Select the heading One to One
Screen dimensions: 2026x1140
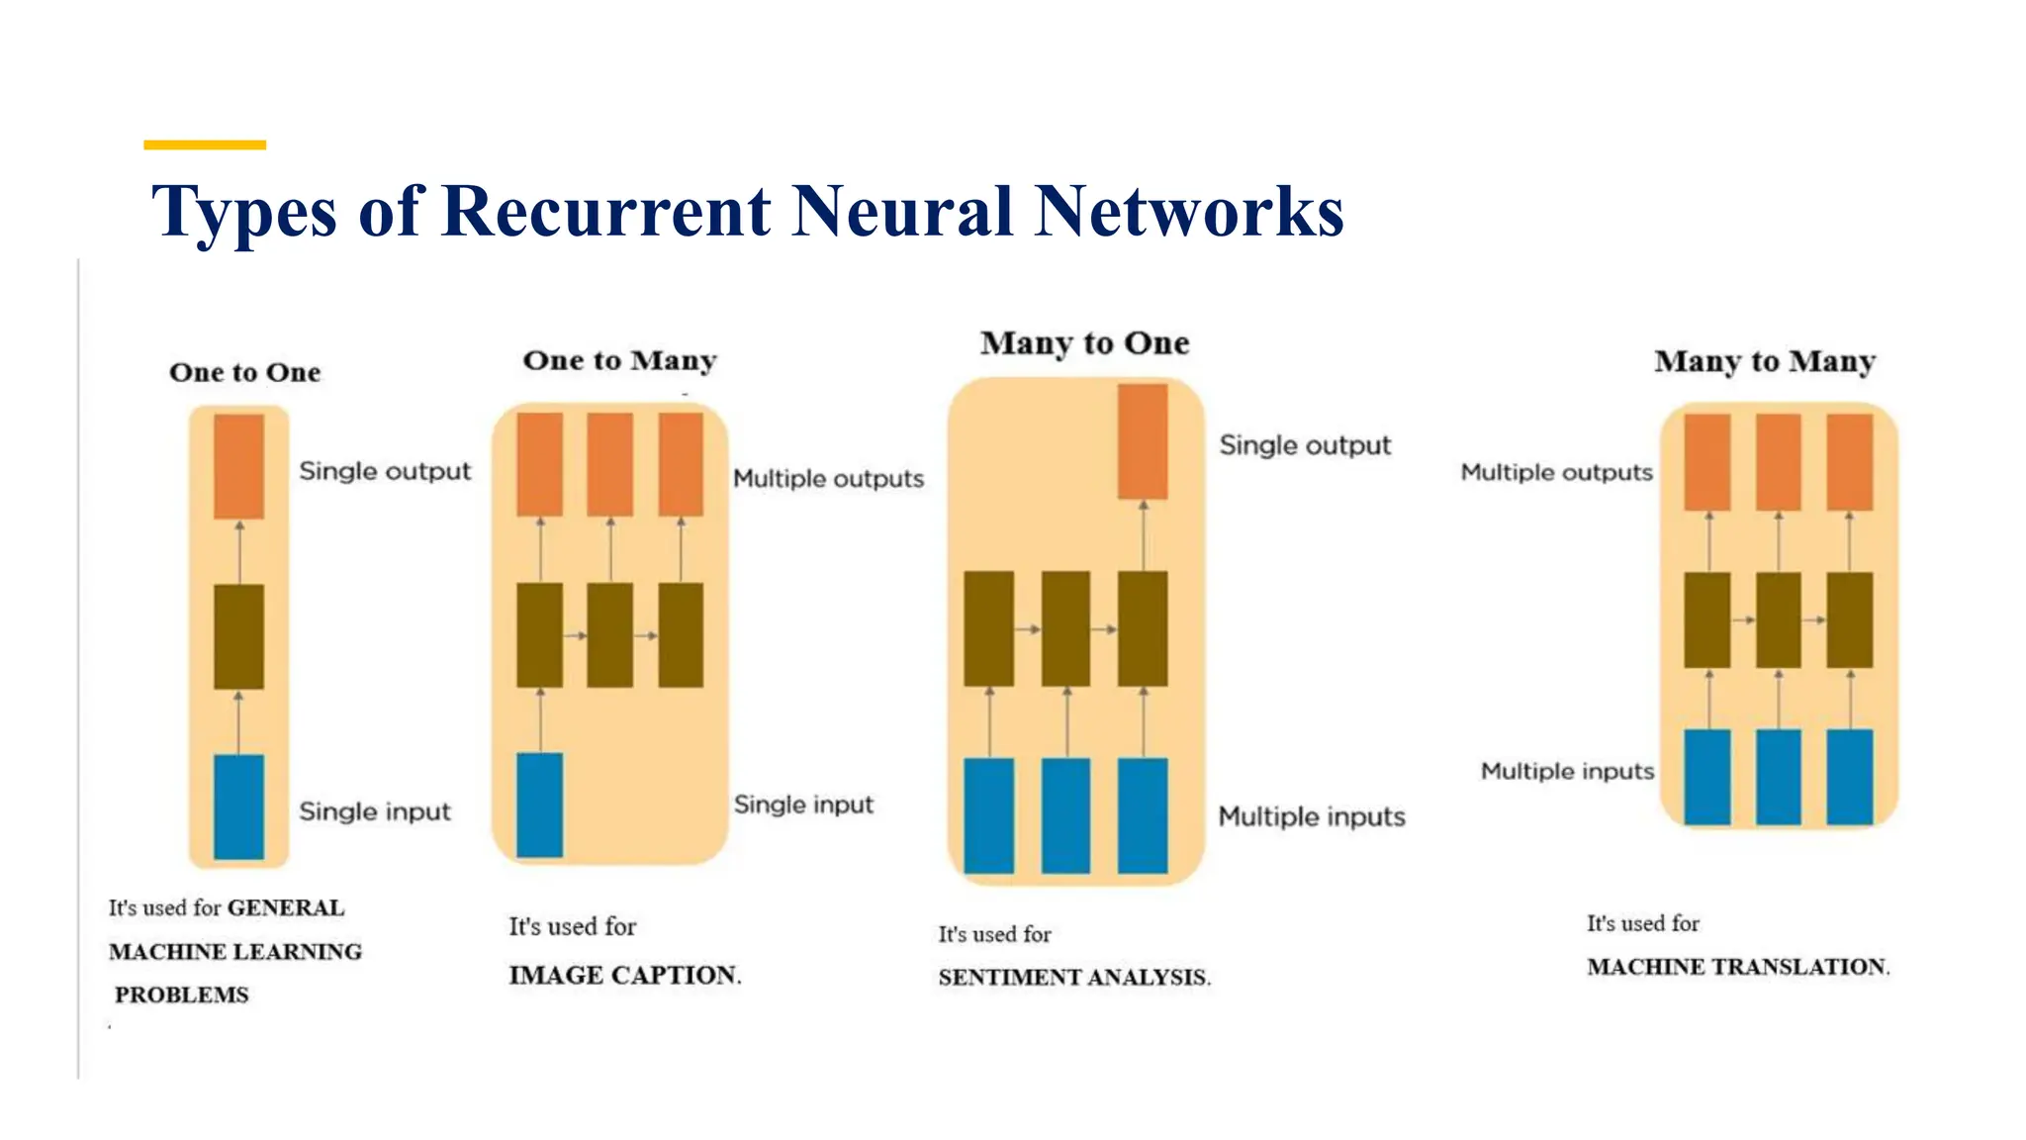[x=245, y=372]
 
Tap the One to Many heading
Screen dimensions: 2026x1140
[x=620, y=360]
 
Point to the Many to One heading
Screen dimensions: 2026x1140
[x=1085, y=343]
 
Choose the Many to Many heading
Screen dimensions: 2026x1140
[x=1766, y=361]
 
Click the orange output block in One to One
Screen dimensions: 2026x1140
[x=238, y=466]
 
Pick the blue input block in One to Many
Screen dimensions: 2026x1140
[x=540, y=805]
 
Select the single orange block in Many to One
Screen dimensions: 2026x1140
[x=1143, y=441]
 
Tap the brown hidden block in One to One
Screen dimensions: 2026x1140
[x=238, y=636]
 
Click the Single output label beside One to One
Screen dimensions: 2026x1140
[x=385, y=471]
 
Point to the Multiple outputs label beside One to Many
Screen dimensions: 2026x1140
[x=829, y=479]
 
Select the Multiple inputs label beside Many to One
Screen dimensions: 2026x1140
[x=1312, y=816]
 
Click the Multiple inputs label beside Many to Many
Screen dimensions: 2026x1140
[x=1567, y=771]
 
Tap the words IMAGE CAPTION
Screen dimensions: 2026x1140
[x=625, y=975]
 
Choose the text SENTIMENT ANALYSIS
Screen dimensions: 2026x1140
[x=1074, y=978]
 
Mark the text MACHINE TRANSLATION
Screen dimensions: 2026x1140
[x=1738, y=967]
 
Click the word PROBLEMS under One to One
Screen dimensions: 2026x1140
[x=182, y=995]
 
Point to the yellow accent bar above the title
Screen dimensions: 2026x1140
[x=205, y=144]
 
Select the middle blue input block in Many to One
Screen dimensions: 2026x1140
[x=1065, y=815]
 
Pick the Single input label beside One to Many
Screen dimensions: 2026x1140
[x=803, y=805]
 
